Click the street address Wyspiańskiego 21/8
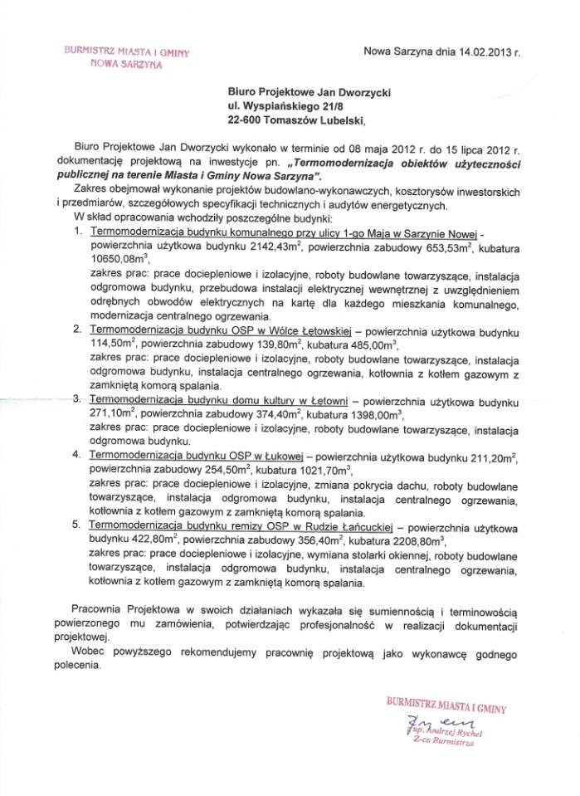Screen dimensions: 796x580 [x=310, y=106]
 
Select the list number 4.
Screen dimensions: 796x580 [x=77, y=455]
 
